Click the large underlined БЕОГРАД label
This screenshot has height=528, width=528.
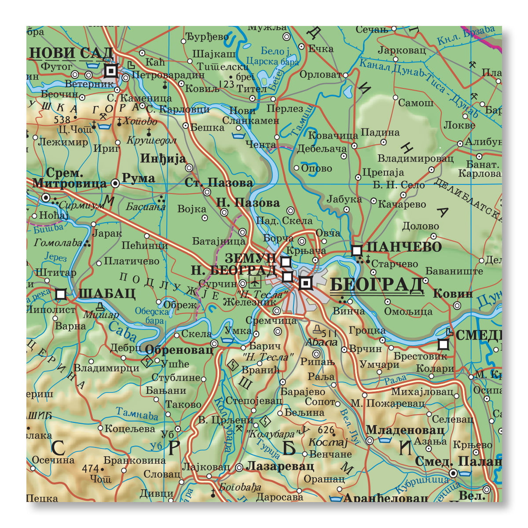[x=376, y=285]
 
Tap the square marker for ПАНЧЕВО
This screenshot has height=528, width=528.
[x=357, y=250]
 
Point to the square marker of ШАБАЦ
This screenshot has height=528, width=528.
[x=61, y=293]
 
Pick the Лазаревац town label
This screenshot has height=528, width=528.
[x=280, y=466]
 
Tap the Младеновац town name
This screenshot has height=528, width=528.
[x=405, y=429]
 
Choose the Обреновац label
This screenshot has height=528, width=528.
[x=179, y=350]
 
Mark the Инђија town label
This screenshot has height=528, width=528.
[x=169, y=159]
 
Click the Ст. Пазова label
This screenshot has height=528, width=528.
[x=219, y=182]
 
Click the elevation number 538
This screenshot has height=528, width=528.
[x=62, y=120]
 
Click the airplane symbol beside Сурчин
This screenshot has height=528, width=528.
[x=256, y=281]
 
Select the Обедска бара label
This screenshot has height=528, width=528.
[x=152, y=316]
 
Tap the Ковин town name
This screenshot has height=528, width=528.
[x=453, y=293]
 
